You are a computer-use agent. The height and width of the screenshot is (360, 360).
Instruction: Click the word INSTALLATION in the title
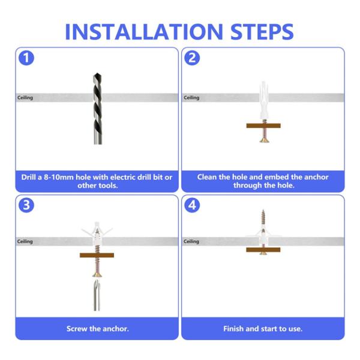144,32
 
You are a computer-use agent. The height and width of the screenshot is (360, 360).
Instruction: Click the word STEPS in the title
262,32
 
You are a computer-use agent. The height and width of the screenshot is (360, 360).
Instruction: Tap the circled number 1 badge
26,58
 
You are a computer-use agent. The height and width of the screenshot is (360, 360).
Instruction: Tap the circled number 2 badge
192,58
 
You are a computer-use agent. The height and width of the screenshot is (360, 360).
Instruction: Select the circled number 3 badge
26,205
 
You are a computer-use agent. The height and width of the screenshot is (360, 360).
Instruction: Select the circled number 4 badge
192,205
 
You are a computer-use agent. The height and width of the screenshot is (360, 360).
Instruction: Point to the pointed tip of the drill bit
97,73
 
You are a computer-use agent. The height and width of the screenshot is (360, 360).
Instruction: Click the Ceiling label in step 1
25,98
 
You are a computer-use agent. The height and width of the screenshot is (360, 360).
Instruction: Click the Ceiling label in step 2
191,98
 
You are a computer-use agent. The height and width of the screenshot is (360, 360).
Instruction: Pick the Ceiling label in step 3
25,241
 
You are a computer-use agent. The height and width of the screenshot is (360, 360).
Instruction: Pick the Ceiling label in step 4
191,241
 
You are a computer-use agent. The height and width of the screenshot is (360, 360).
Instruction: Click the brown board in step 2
263,125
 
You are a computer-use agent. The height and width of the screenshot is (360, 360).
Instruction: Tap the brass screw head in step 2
263,140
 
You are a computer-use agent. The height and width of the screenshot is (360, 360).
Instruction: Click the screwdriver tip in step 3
97,280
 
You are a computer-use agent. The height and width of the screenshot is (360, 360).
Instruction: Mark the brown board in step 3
97,256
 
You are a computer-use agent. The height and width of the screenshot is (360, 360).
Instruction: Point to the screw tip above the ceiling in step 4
263,211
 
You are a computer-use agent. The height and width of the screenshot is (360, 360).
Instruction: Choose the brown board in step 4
263,250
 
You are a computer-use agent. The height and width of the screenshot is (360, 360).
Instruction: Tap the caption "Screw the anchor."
98,329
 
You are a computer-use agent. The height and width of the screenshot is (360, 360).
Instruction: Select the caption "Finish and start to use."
263,329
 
